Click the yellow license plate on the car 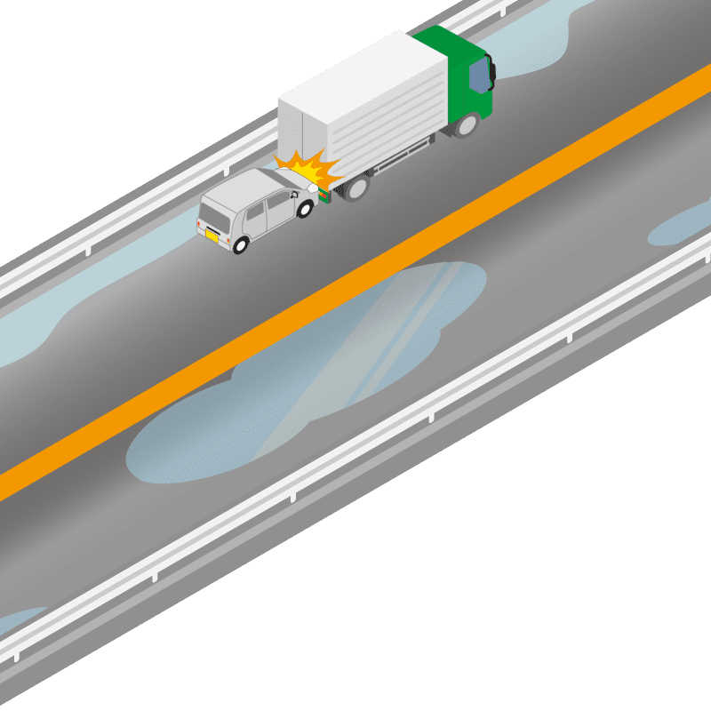point(212,236)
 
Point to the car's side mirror point(294,189)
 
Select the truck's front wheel point(466,127)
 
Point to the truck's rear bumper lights point(325,196)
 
